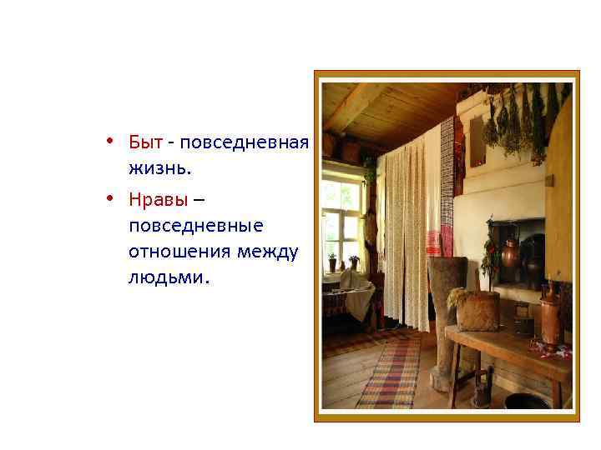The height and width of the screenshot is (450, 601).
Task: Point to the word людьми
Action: (x=170, y=277)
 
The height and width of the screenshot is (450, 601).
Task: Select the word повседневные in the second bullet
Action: (x=196, y=226)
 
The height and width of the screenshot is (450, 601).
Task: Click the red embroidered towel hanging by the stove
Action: (x=434, y=242)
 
